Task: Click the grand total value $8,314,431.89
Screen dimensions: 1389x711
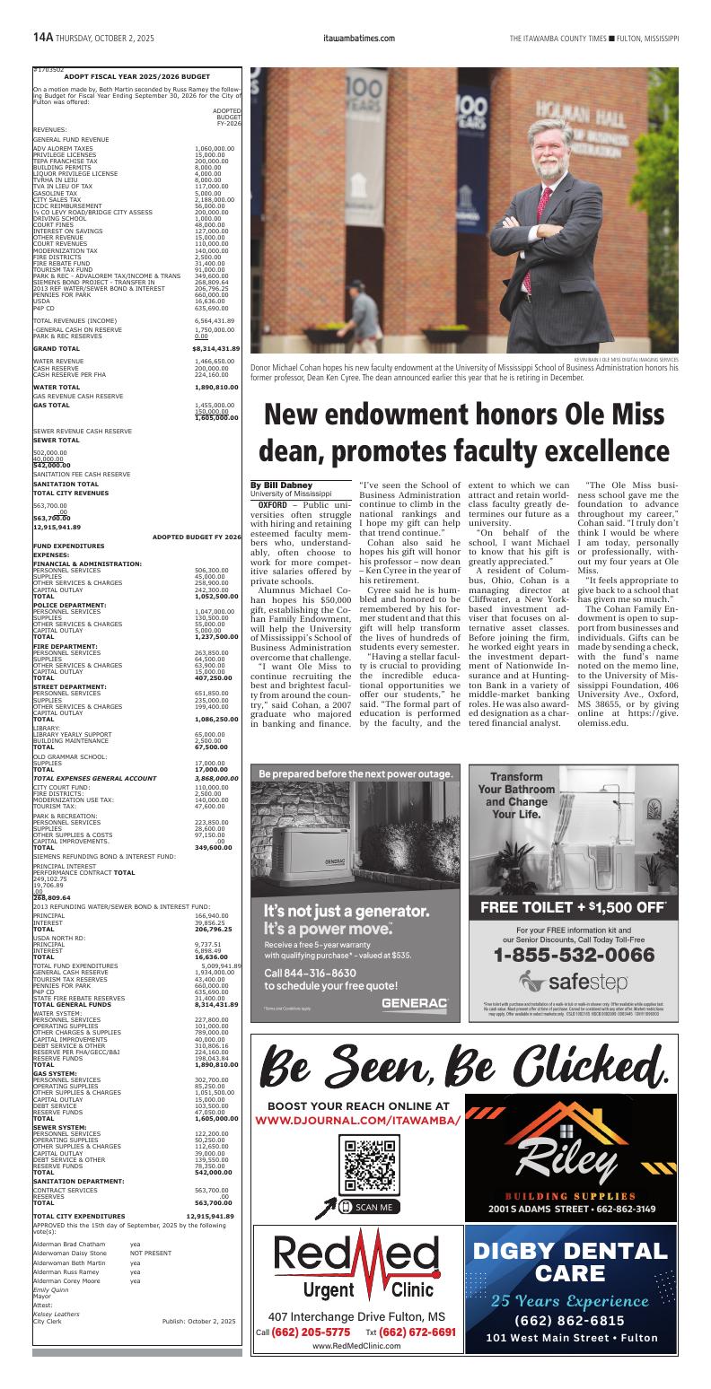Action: [215, 348]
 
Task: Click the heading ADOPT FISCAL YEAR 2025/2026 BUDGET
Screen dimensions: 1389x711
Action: [136, 76]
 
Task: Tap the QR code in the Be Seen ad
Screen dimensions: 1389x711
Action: [370, 1163]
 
